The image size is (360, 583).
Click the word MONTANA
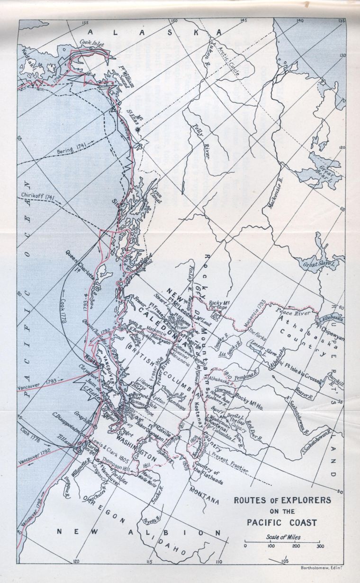pos(205,489)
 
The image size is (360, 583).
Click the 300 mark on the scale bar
pos(320,547)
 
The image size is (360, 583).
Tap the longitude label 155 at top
pos(85,23)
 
